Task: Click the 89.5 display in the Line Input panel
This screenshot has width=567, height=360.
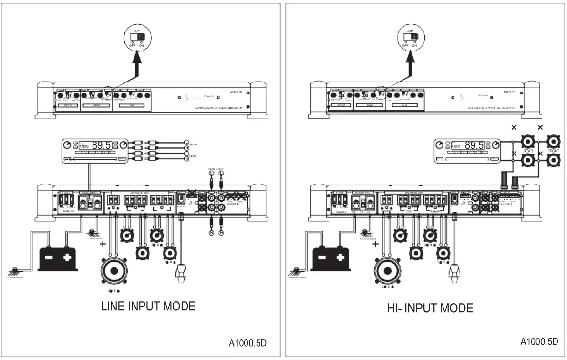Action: coord(104,145)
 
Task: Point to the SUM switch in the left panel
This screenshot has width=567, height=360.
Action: coord(140,37)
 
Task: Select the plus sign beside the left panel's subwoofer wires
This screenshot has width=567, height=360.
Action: coord(102,244)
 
